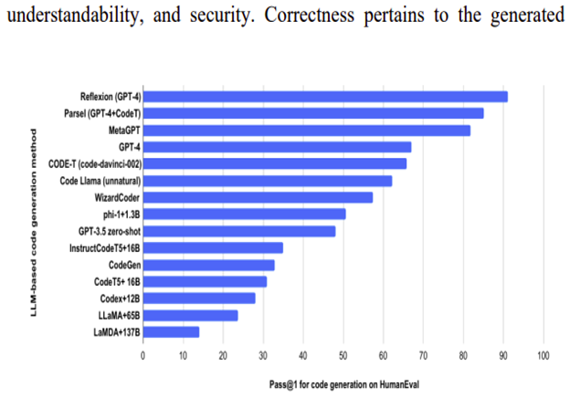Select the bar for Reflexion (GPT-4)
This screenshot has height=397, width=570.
[x=324, y=96]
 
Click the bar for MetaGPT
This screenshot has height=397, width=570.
[x=306, y=130]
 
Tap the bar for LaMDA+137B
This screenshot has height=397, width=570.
[x=170, y=331]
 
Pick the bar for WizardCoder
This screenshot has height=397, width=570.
[x=258, y=197]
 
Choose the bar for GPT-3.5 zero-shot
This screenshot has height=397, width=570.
[x=238, y=231]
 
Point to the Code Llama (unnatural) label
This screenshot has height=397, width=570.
[x=100, y=181]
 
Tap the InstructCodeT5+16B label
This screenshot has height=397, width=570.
[x=105, y=247]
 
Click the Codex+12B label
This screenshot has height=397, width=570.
[x=119, y=298]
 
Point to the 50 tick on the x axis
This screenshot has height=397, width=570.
[x=343, y=354]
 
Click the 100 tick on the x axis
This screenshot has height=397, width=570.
[x=544, y=354]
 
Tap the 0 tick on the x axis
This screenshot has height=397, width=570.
[x=142, y=354]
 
